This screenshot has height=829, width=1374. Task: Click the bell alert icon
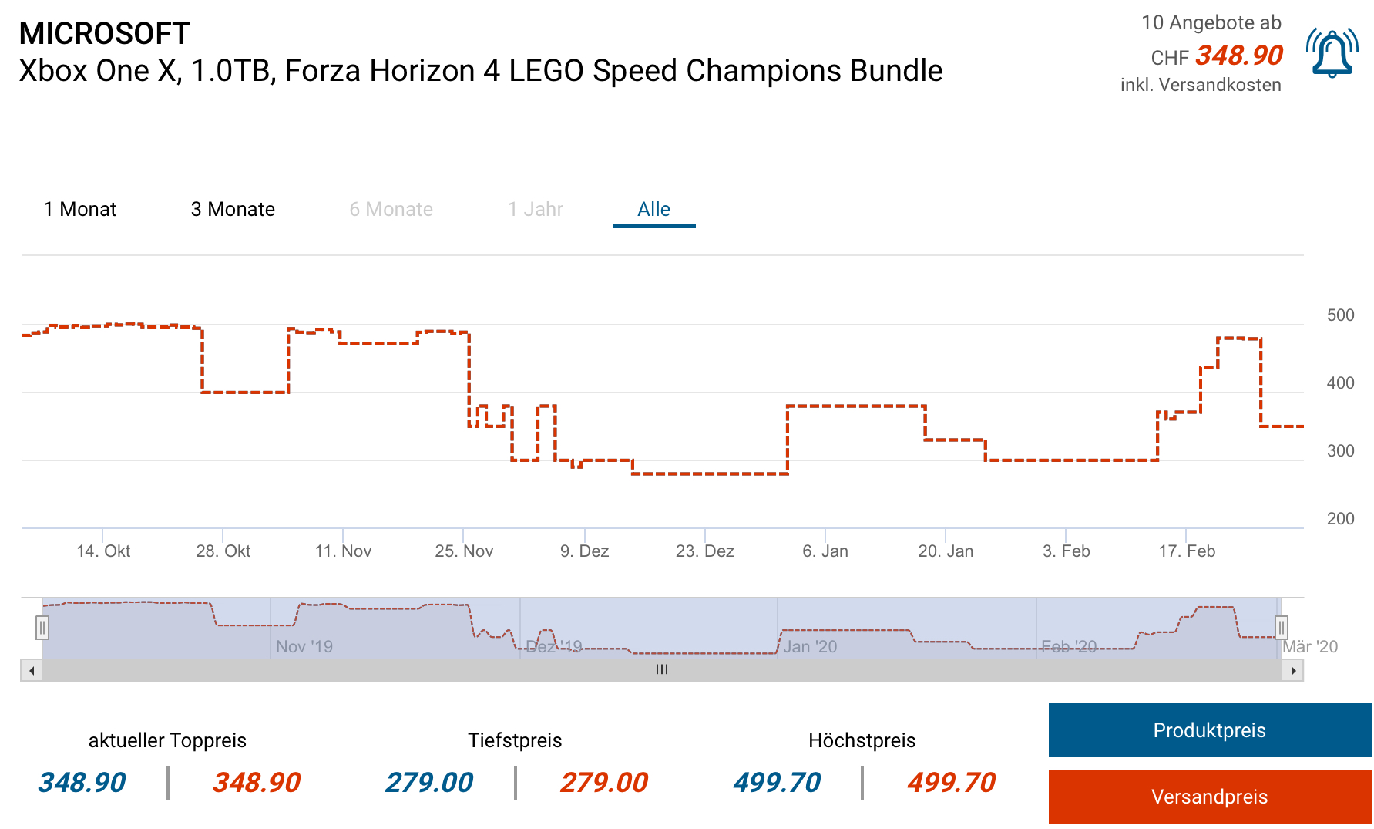click(1332, 53)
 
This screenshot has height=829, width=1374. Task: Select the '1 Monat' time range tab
click(80, 210)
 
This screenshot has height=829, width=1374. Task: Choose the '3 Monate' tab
click(233, 210)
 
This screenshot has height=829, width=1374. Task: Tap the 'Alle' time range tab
click(653, 210)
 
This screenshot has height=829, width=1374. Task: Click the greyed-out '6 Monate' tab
click(391, 210)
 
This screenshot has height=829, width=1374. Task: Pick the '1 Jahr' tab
click(536, 210)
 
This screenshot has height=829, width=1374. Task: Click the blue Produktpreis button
click(1209, 730)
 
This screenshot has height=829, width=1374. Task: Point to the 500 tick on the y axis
click(1340, 315)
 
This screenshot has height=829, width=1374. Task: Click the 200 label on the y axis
click(1340, 519)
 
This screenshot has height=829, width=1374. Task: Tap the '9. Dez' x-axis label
click(584, 551)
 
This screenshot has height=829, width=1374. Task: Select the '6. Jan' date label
click(825, 551)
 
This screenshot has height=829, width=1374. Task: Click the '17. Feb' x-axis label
click(1187, 551)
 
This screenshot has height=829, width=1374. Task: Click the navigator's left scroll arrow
click(32, 671)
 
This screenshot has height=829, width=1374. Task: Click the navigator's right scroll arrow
click(1293, 671)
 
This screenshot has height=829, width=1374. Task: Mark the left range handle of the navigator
click(42, 628)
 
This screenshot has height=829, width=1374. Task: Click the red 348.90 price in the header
click(1239, 56)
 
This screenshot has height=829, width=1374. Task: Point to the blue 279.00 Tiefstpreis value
click(429, 783)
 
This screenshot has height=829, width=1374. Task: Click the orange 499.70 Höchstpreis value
click(951, 783)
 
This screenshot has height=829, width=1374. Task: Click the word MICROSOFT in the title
click(104, 34)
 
